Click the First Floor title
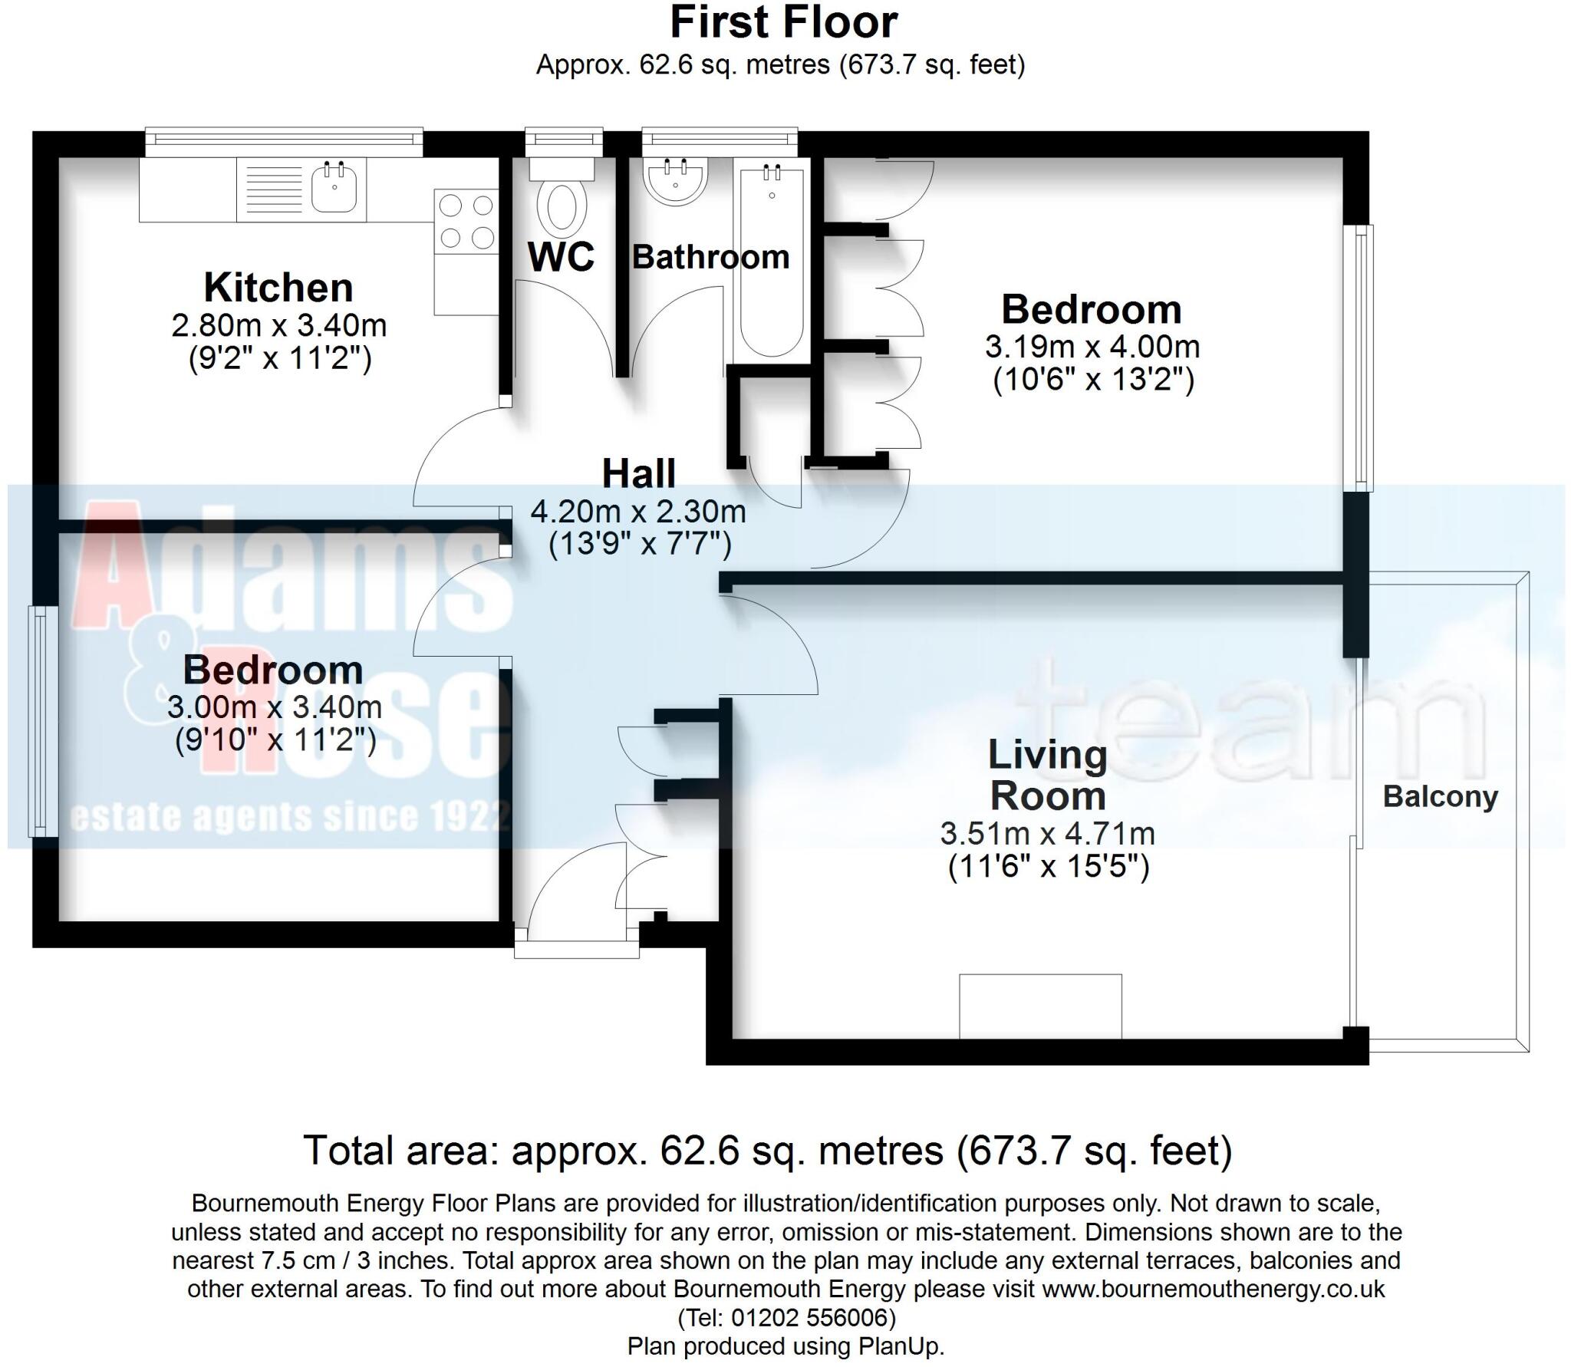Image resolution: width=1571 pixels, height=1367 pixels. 783,23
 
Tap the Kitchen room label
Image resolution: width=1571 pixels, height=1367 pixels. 278,288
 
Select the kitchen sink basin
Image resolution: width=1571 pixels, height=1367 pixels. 334,188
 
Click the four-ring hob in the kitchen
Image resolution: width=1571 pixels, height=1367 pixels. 466,222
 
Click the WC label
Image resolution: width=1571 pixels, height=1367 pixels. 561,257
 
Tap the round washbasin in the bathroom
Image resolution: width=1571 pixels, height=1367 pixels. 675,183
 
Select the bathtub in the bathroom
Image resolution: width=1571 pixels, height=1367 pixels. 772,261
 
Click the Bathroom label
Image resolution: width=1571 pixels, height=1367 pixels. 710,257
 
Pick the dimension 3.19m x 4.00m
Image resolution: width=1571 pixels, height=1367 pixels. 1092,348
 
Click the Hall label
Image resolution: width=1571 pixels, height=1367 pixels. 638,473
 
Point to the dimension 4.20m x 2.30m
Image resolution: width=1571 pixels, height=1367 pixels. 638,511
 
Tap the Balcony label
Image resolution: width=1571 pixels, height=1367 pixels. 1440,797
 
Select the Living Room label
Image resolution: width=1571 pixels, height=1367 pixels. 1047,776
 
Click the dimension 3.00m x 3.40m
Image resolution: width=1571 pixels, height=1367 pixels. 275,707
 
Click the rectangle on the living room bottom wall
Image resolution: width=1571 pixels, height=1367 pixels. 1040,1006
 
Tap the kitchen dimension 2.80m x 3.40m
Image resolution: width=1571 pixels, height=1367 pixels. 278,327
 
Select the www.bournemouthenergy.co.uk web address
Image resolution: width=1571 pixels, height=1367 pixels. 1213,1289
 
